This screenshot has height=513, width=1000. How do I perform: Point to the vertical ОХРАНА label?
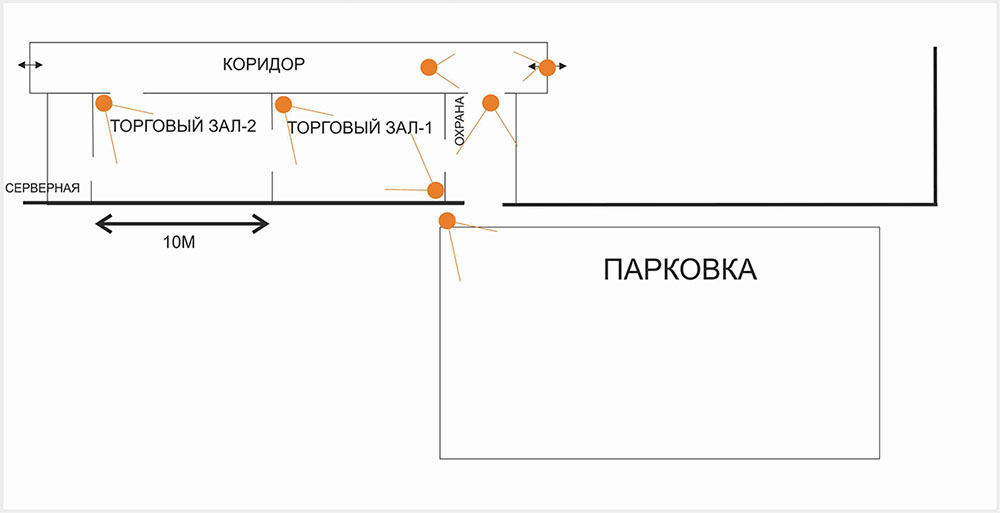(x=460, y=122)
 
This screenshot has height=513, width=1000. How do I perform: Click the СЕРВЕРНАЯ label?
(x=42, y=188)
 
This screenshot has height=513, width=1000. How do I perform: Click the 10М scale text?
(x=180, y=243)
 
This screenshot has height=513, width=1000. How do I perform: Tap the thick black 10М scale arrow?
(x=182, y=222)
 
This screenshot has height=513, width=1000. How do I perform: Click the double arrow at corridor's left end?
(x=30, y=65)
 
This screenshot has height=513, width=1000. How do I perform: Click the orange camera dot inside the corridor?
(x=428, y=67)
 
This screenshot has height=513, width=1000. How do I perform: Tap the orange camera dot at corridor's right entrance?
(x=546, y=68)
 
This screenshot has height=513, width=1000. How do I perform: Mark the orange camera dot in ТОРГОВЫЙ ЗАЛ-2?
(x=103, y=103)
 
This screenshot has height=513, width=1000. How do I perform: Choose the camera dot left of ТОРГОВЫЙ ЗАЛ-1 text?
(x=283, y=104)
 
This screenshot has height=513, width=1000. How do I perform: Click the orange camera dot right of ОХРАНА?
(x=490, y=102)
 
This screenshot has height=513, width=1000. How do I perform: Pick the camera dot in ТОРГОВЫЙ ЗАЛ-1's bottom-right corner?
(x=435, y=190)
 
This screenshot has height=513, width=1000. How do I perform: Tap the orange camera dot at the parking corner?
(x=447, y=221)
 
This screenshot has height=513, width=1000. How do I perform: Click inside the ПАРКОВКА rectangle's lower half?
(x=660, y=400)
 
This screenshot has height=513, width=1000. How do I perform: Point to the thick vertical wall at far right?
(x=935, y=125)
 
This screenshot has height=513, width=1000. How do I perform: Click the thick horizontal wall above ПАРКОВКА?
(x=720, y=204)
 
